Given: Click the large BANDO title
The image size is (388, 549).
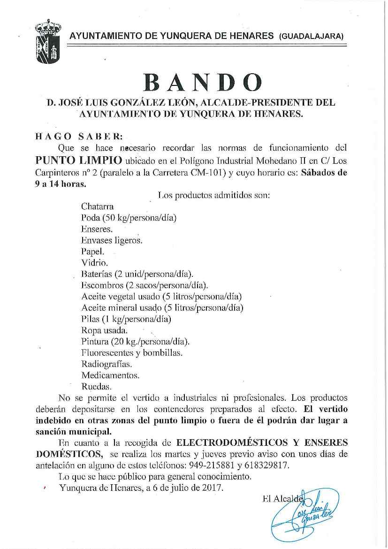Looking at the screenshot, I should coord(203,83).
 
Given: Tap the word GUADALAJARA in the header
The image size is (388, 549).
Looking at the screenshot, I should coord(311,36).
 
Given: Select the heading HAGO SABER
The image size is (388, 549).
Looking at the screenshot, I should coord(79,137).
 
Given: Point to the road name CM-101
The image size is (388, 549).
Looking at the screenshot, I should coord(212,172).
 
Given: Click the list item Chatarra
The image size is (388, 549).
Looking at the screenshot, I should coord(97,206).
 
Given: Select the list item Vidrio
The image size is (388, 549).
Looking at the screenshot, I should coord(94,263).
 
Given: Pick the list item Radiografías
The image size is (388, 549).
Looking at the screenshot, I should coord(107,364).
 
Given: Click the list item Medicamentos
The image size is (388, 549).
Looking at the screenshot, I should coord(110,375).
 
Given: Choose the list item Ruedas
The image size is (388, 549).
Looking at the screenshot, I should coord(96,387).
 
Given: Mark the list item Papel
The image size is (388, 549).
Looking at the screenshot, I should coord(92,252).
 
